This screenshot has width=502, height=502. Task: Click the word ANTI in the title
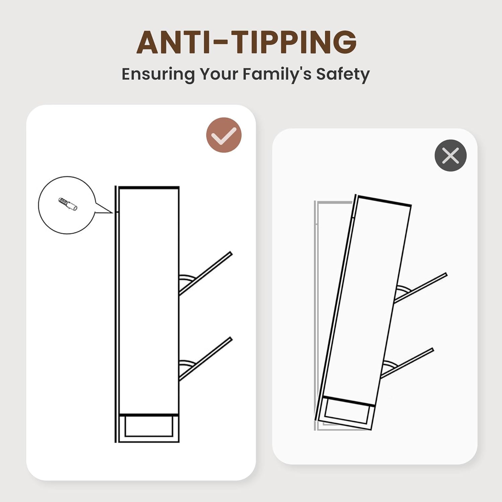pyautogui.click(x=173, y=42)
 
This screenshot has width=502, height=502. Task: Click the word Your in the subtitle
pyautogui.click(x=219, y=74)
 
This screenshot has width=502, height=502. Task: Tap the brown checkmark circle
pyautogui.click(x=224, y=135)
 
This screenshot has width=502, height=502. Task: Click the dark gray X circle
pyautogui.click(x=450, y=156)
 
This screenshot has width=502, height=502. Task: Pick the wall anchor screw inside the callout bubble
pyautogui.click(x=68, y=204)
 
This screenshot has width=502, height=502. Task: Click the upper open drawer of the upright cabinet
pyautogui.click(x=205, y=273)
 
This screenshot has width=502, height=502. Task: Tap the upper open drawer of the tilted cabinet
pyautogui.click(x=420, y=288)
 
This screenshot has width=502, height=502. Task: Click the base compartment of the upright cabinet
pyautogui.click(x=149, y=428)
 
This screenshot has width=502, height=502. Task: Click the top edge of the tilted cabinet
pyautogui.click(x=383, y=200)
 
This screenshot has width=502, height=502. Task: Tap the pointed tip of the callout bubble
pyautogui.click(x=113, y=212)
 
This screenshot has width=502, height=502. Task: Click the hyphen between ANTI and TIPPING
pyautogui.click(x=221, y=43)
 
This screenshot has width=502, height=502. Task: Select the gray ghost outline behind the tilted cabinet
pyautogui.click(x=316, y=315)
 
